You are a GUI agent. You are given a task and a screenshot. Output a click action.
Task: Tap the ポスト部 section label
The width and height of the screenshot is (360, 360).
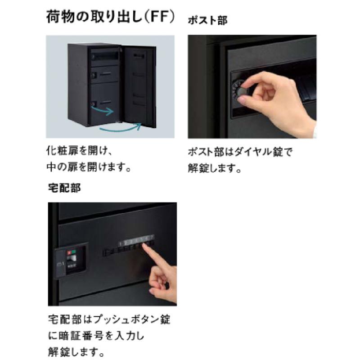pos(207,21)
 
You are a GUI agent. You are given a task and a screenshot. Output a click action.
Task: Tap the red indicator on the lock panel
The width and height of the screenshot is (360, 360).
pos(69,253)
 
